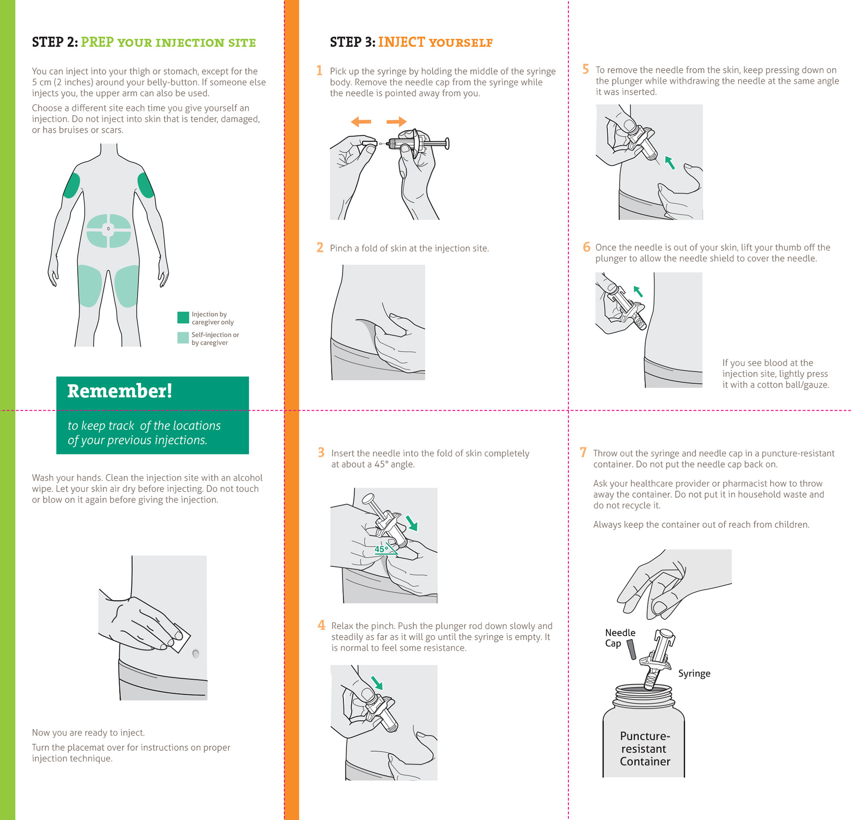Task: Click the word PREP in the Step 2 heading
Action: pyautogui.click(x=97, y=42)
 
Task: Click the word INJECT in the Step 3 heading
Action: pyautogui.click(x=402, y=42)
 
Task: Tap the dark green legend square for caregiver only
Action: pyautogui.click(x=183, y=317)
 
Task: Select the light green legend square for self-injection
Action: pyautogui.click(x=183, y=338)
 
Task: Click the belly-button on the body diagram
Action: pyautogui.click(x=108, y=229)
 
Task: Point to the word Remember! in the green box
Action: pyautogui.click(x=119, y=391)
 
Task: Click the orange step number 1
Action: pyautogui.click(x=319, y=71)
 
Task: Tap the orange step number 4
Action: pyautogui.click(x=321, y=625)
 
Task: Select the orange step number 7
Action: pyautogui.click(x=583, y=452)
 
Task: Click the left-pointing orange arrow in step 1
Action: pyautogui.click(x=361, y=122)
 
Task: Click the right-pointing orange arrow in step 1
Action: pyautogui.click(x=396, y=122)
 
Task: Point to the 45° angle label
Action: pyautogui.click(x=381, y=549)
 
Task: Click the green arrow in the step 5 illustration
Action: pyautogui.click(x=670, y=163)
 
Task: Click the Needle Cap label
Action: pyautogui.click(x=620, y=638)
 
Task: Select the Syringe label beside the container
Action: pyautogui.click(x=694, y=673)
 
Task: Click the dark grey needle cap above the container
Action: pyautogui.click(x=631, y=650)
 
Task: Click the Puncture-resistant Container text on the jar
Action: pyautogui.click(x=645, y=749)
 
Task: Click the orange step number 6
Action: pyautogui.click(x=586, y=247)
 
